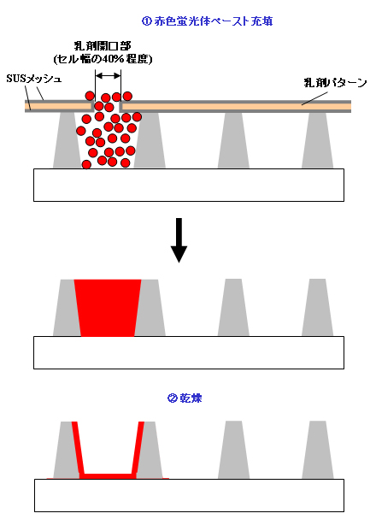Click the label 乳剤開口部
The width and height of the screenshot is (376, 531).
[x=103, y=45]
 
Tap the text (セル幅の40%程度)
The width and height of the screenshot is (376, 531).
[x=103, y=59]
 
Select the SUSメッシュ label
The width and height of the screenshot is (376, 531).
[x=34, y=80]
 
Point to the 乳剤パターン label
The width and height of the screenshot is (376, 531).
[x=335, y=83]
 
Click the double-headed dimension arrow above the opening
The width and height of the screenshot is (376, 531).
[x=108, y=75]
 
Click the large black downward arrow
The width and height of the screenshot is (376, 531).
[x=179, y=240]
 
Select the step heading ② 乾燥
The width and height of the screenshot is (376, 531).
[x=185, y=398]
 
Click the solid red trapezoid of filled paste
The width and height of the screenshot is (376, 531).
[x=108, y=308]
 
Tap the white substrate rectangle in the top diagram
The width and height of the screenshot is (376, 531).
[x=189, y=185]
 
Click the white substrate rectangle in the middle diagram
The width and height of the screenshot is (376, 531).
[x=189, y=352]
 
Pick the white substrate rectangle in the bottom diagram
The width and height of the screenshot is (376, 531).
[x=189, y=495]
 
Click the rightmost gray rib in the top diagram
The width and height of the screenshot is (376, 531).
[x=317, y=140]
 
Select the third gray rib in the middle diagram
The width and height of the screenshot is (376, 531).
[x=233, y=308]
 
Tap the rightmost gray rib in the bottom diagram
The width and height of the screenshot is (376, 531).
[x=317, y=450]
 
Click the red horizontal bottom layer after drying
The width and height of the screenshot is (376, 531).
[x=109, y=476]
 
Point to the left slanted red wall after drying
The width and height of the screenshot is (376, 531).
[x=78, y=448]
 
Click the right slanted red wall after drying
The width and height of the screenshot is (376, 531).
[x=138, y=448]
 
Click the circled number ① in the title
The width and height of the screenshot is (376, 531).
[x=146, y=21]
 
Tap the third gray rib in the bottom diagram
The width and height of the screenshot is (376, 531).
[x=233, y=450]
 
